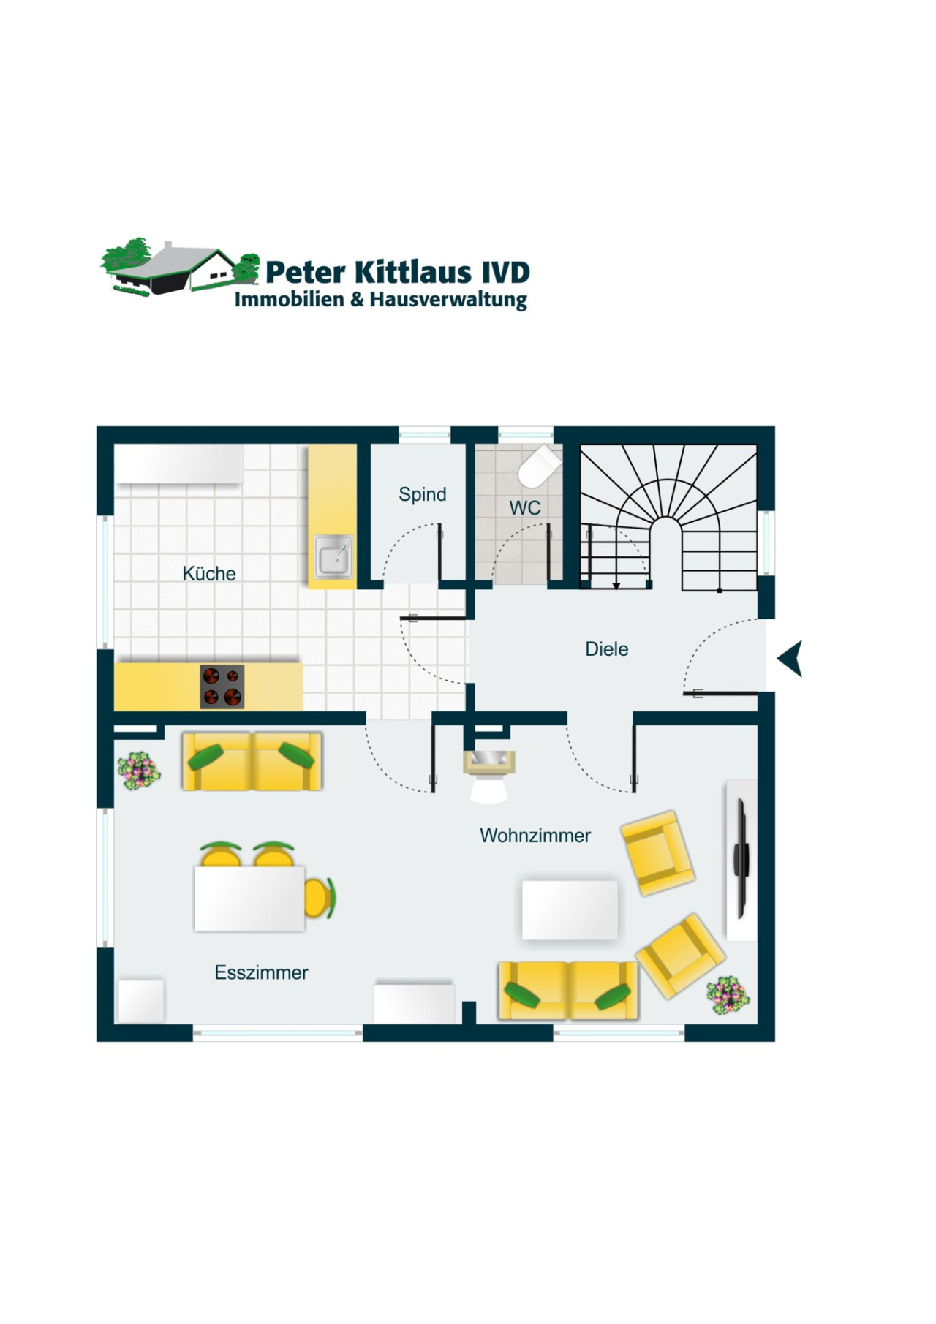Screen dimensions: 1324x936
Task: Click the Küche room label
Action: tap(209, 574)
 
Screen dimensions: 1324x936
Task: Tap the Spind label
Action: tap(422, 495)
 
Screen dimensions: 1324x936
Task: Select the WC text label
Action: tap(524, 507)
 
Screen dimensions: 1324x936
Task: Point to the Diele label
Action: tap(606, 649)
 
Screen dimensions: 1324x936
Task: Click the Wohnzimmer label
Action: tap(535, 836)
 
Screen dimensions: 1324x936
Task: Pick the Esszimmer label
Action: tap(261, 973)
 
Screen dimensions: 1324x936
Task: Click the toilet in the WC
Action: tap(538, 465)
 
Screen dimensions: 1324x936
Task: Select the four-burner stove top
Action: tap(222, 686)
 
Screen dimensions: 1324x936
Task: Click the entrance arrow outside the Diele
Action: tap(790, 659)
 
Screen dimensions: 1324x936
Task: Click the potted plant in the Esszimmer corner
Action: tap(138, 770)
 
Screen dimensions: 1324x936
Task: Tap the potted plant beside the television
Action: tap(727, 995)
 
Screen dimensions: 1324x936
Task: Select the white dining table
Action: tap(249, 899)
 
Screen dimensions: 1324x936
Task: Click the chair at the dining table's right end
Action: tap(320, 899)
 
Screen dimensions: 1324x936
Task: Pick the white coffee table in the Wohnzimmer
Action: tap(570, 909)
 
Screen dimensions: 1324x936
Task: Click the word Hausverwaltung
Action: tap(448, 300)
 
